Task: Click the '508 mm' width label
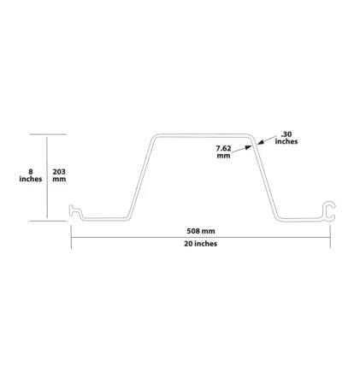(201, 231)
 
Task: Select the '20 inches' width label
(200, 244)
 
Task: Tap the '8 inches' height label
(31, 175)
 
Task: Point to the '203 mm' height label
(59, 175)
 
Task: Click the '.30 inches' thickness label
(286, 138)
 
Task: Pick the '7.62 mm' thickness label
(223, 151)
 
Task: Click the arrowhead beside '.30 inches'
(260, 142)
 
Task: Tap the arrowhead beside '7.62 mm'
(249, 148)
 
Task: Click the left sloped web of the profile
(140, 177)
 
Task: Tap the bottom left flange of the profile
(104, 219)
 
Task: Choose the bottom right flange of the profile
(300, 220)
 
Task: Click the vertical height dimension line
(47, 177)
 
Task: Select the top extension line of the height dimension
(48, 134)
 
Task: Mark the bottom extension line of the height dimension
(48, 221)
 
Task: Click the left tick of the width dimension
(71, 236)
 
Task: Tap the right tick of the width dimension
(330, 236)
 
